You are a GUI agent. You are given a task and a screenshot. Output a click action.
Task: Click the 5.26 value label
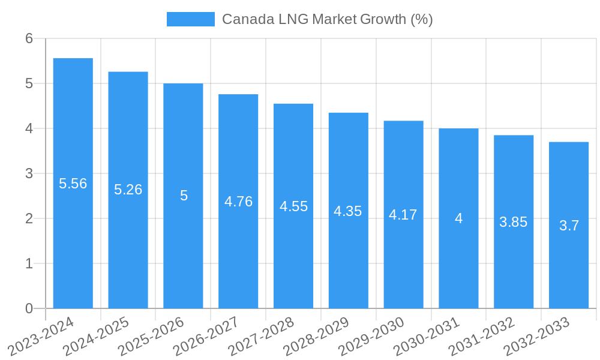[x=128, y=190]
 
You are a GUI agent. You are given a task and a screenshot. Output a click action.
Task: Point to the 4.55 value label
[x=293, y=206]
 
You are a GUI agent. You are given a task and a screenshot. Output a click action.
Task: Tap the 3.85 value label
[x=514, y=222]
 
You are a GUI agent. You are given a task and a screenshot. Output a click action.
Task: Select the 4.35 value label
[x=348, y=211]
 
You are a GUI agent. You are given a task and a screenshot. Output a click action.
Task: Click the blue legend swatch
[x=190, y=19]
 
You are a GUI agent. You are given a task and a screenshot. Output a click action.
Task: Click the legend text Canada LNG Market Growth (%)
[x=327, y=19]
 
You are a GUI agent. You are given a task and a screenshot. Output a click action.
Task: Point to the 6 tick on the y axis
[x=29, y=38]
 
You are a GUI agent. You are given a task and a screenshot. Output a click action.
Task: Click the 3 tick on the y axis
[x=29, y=173]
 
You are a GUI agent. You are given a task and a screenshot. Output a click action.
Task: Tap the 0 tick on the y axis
[x=29, y=308]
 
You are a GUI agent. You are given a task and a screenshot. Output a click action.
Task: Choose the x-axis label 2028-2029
[x=317, y=336]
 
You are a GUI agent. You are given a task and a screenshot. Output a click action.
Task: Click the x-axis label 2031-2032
[x=483, y=336]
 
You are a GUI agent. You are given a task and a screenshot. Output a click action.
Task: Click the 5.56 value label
[x=73, y=184]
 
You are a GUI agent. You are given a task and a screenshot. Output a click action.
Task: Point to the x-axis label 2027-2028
[x=262, y=336]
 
